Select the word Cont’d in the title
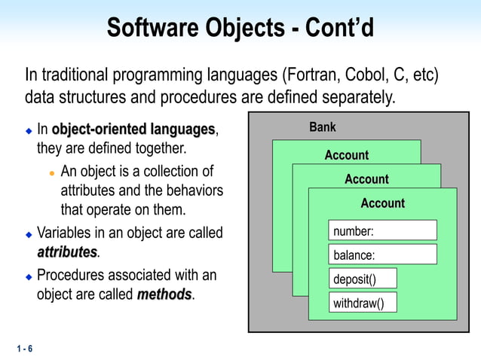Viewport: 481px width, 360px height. [x=339, y=29]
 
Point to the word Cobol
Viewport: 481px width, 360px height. [x=366, y=75]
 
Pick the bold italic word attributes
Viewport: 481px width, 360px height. [x=67, y=251]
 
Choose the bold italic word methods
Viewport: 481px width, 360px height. [x=164, y=294]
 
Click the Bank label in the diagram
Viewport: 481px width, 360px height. [x=323, y=127]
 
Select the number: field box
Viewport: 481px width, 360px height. [x=382, y=230]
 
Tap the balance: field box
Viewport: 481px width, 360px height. [x=382, y=255]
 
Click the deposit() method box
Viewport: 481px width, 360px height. [x=363, y=279]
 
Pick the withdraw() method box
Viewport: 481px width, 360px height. [x=363, y=303]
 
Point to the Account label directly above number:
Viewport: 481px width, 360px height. [x=382, y=203]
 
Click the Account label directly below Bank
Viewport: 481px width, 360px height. [x=346, y=155]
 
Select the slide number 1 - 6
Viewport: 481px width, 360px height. [x=23, y=349]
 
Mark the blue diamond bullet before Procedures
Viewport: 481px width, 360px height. [x=29, y=276]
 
